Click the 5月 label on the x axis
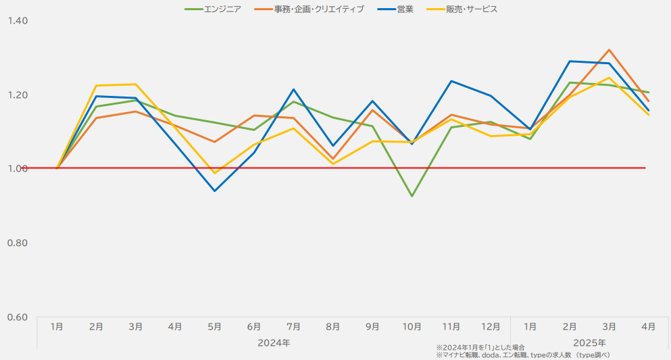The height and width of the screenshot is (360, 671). [214, 327]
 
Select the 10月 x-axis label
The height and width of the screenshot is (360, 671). [412, 327]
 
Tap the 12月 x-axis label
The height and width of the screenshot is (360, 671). [491, 327]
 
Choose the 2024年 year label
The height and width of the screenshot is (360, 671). [274, 342]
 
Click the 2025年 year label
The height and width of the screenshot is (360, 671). [589, 342]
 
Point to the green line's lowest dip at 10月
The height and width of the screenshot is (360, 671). [412, 196]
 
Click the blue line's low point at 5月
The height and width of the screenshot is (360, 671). [215, 190]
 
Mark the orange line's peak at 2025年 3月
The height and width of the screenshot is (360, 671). [610, 50]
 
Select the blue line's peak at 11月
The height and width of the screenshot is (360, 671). [451, 81]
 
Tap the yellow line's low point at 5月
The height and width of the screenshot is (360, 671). [215, 173]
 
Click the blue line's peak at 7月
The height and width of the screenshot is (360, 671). [293, 89]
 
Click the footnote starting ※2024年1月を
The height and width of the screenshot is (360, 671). [480, 347]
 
